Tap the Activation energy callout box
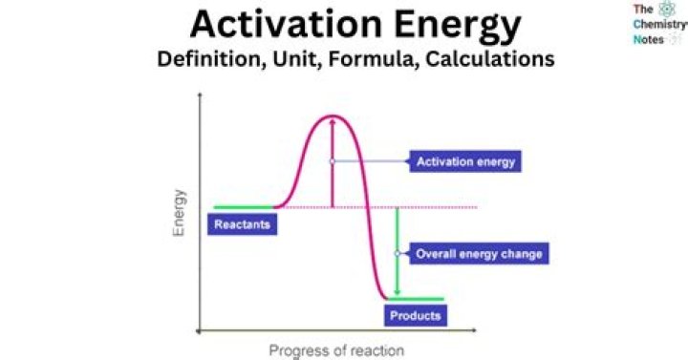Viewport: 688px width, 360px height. (465, 161)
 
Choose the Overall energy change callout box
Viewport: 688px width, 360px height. (479, 254)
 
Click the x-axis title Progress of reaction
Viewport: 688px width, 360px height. (336, 349)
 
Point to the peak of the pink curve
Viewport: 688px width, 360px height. (332, 116)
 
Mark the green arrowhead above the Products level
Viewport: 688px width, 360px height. (397, 292)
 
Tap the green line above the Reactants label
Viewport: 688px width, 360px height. (244, 206)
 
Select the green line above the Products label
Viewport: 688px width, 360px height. (416, 299)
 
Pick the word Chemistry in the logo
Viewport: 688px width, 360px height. (653, 25)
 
